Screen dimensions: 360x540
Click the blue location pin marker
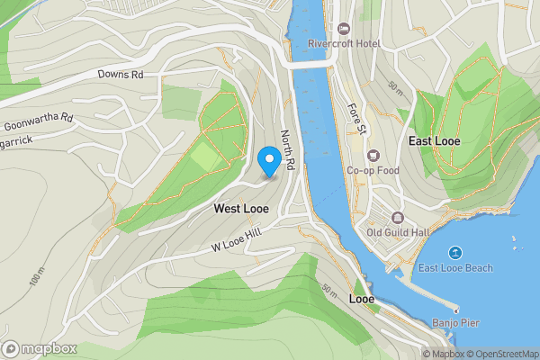[268, 160]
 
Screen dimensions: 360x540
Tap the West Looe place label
[241, 208]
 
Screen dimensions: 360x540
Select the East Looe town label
[436, 141]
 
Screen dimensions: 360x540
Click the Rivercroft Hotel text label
[345, 43]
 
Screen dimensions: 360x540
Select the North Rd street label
[287, 150]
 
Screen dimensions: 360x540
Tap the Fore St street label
[356, 119]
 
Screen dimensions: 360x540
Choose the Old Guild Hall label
[397, 232]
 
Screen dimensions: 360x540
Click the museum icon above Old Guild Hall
[397, 217]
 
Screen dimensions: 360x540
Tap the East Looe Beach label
[455, 268]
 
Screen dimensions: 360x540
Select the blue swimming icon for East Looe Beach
[455, 253]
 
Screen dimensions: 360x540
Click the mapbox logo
[40, 347]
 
